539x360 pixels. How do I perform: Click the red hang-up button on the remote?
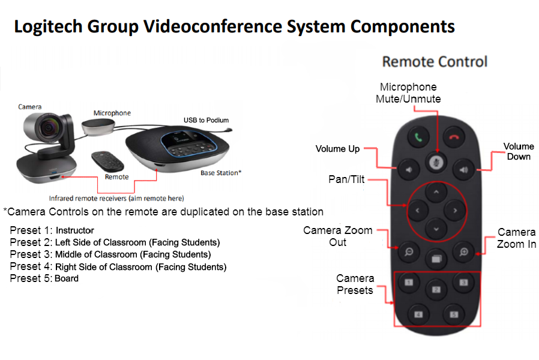click(454, 137)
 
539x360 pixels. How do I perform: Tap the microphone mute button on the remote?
click(436, 163)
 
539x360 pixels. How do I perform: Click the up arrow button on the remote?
click(436, 192)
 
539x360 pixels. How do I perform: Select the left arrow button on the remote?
click(418, 210)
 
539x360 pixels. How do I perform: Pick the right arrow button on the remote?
click(455, 210)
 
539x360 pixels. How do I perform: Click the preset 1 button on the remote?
click(409, 283)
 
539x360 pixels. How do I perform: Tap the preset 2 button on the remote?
click(436, 290)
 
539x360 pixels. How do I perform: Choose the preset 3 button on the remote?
click(463, 283)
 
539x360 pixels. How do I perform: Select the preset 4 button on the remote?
click(418, 314)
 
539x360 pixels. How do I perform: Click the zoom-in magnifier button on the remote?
click(463, 252)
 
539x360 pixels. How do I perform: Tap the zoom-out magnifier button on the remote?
click(409, 252)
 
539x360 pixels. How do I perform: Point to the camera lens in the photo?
click(48, 128)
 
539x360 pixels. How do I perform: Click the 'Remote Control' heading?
click(435, 62)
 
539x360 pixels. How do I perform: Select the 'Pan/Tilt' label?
click(346, 179)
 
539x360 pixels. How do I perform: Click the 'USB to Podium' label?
click(206, 120)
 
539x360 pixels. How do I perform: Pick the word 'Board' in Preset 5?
click(67, 278)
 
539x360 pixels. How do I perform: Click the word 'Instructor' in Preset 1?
click(75, 230)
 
